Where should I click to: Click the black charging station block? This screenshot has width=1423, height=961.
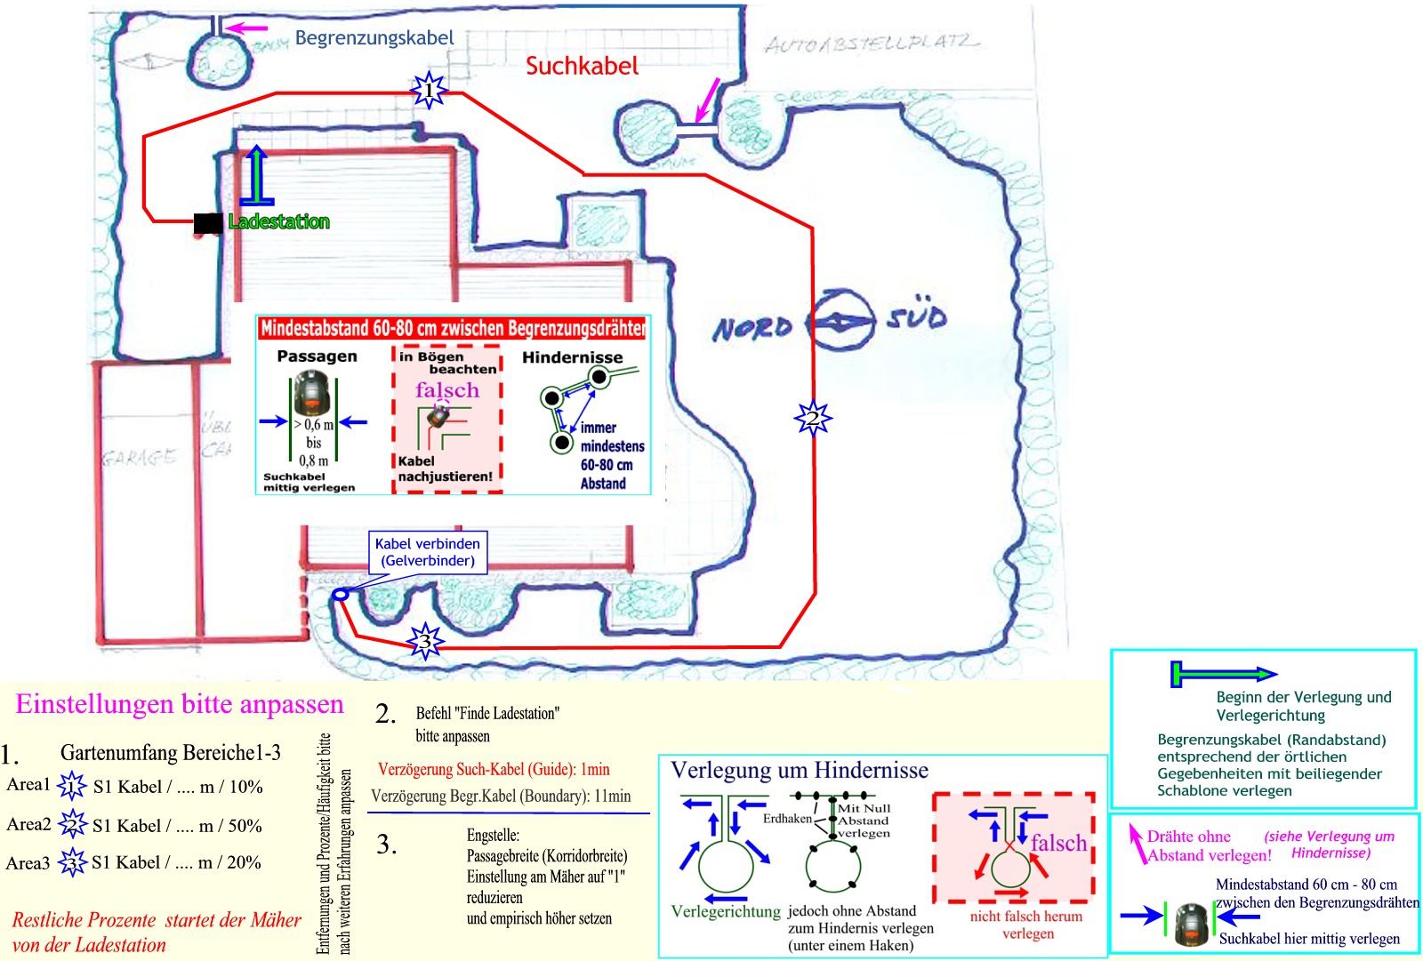[x=208, y=223]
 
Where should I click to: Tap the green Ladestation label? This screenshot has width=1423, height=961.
[x=278, y=221]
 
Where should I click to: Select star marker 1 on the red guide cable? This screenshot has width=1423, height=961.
[x=429, y=91]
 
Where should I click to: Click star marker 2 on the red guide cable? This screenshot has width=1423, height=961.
[x=811, y=417]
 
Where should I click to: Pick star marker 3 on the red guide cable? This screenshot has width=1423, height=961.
[x=425, y=641]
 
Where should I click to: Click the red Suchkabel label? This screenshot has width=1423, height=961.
[x=582, y=66]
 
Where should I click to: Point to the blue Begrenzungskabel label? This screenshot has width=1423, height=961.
[x=374, y=38]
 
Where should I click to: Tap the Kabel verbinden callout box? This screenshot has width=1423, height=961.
[x=427, y=552]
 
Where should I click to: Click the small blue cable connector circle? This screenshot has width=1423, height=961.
[x=338, y=595]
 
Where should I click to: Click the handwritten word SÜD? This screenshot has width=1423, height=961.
[x=916, y=317]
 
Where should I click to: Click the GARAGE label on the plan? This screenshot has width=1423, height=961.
[x=139, y=458]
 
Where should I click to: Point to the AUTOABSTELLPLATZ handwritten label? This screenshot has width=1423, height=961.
[x=872, y=43]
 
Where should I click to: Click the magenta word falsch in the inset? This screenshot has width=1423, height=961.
[x=446, y=390]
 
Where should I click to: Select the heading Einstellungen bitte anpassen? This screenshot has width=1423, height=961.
[x=180, y=704]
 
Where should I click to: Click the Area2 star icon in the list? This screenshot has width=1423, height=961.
[x=71, y=825]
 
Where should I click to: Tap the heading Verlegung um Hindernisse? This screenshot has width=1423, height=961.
[x=799, y=770]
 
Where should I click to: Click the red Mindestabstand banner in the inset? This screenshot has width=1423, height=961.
[x=453, y=328]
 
